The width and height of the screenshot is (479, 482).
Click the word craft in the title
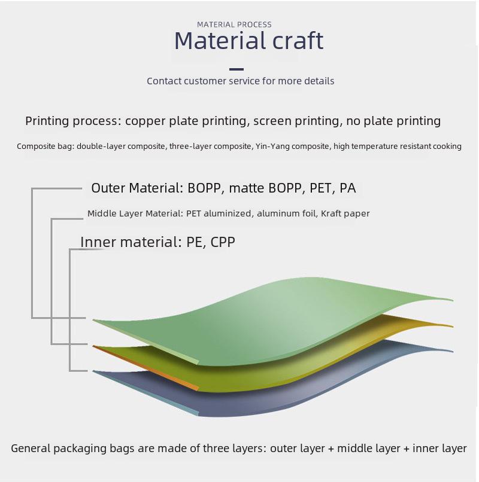point(298,40)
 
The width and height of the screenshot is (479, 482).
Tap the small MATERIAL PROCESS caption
point(234,25)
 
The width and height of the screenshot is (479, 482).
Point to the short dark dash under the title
point(237,69)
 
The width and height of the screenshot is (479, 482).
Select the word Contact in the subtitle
point(164,81)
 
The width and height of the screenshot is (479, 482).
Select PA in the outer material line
point(347,188)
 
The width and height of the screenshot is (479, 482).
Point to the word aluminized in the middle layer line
point(227,213)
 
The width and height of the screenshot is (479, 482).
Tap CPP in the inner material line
point(223,242)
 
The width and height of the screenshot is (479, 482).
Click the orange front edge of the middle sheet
point(145,368)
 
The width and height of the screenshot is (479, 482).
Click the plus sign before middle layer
point(331,449)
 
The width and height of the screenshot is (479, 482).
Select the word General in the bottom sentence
point(31,448)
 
